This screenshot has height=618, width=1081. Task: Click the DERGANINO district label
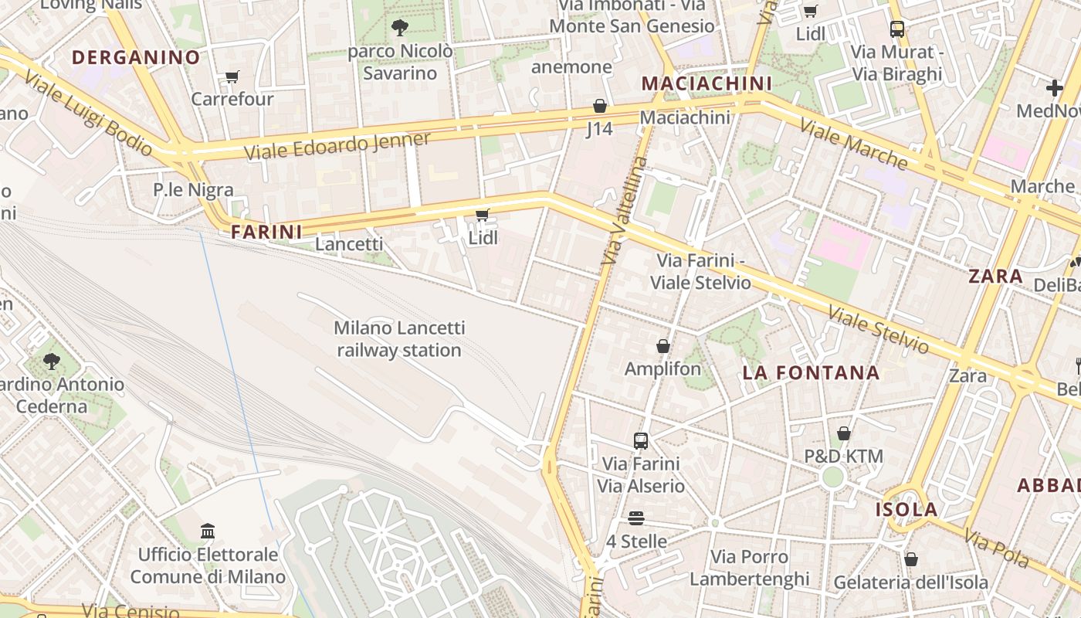[x=136, y=57]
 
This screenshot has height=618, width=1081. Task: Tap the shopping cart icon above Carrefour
[x=232, y=76]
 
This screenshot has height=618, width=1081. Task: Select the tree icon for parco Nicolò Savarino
[x=399, y=29]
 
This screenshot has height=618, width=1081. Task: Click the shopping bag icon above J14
[x=600, y=106]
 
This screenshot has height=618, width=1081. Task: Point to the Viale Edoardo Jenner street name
[x=337, y=145]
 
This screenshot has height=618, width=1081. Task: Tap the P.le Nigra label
[x=193, y=190]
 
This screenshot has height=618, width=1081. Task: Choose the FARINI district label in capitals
[x=266, y=231]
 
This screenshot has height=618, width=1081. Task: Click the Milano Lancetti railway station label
[x=399, y=339]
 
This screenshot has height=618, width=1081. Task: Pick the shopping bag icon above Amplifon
[x=662, y=346]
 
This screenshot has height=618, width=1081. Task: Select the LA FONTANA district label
[x=811, y=373]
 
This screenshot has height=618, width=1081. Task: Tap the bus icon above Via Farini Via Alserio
[x=641, y=441]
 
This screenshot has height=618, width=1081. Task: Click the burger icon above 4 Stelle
[x=636, y=518]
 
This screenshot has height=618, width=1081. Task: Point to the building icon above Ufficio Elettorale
[x=208, y=531]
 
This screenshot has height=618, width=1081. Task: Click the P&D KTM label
[x=843, y=457]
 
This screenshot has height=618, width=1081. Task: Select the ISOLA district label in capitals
[x=906, y=510]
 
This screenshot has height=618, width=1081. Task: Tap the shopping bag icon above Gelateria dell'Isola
[x=911, y=559]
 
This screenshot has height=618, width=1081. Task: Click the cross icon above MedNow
[x=1054, y=88]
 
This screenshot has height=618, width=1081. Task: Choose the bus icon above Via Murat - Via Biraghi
[x=896, y=29]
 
